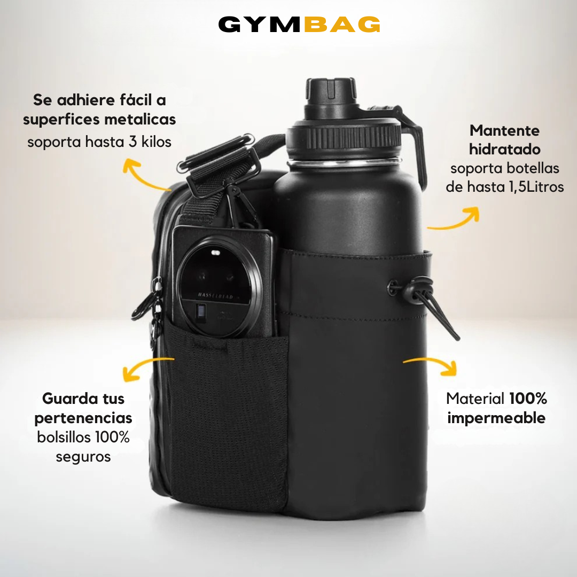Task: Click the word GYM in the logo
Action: coord(260,25)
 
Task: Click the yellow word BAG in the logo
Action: coord(342,25)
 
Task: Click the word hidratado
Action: coord(504,149)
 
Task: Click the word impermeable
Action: coord(496,417)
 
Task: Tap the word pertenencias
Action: coord(83,417)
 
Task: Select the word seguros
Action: coord(83,456)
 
